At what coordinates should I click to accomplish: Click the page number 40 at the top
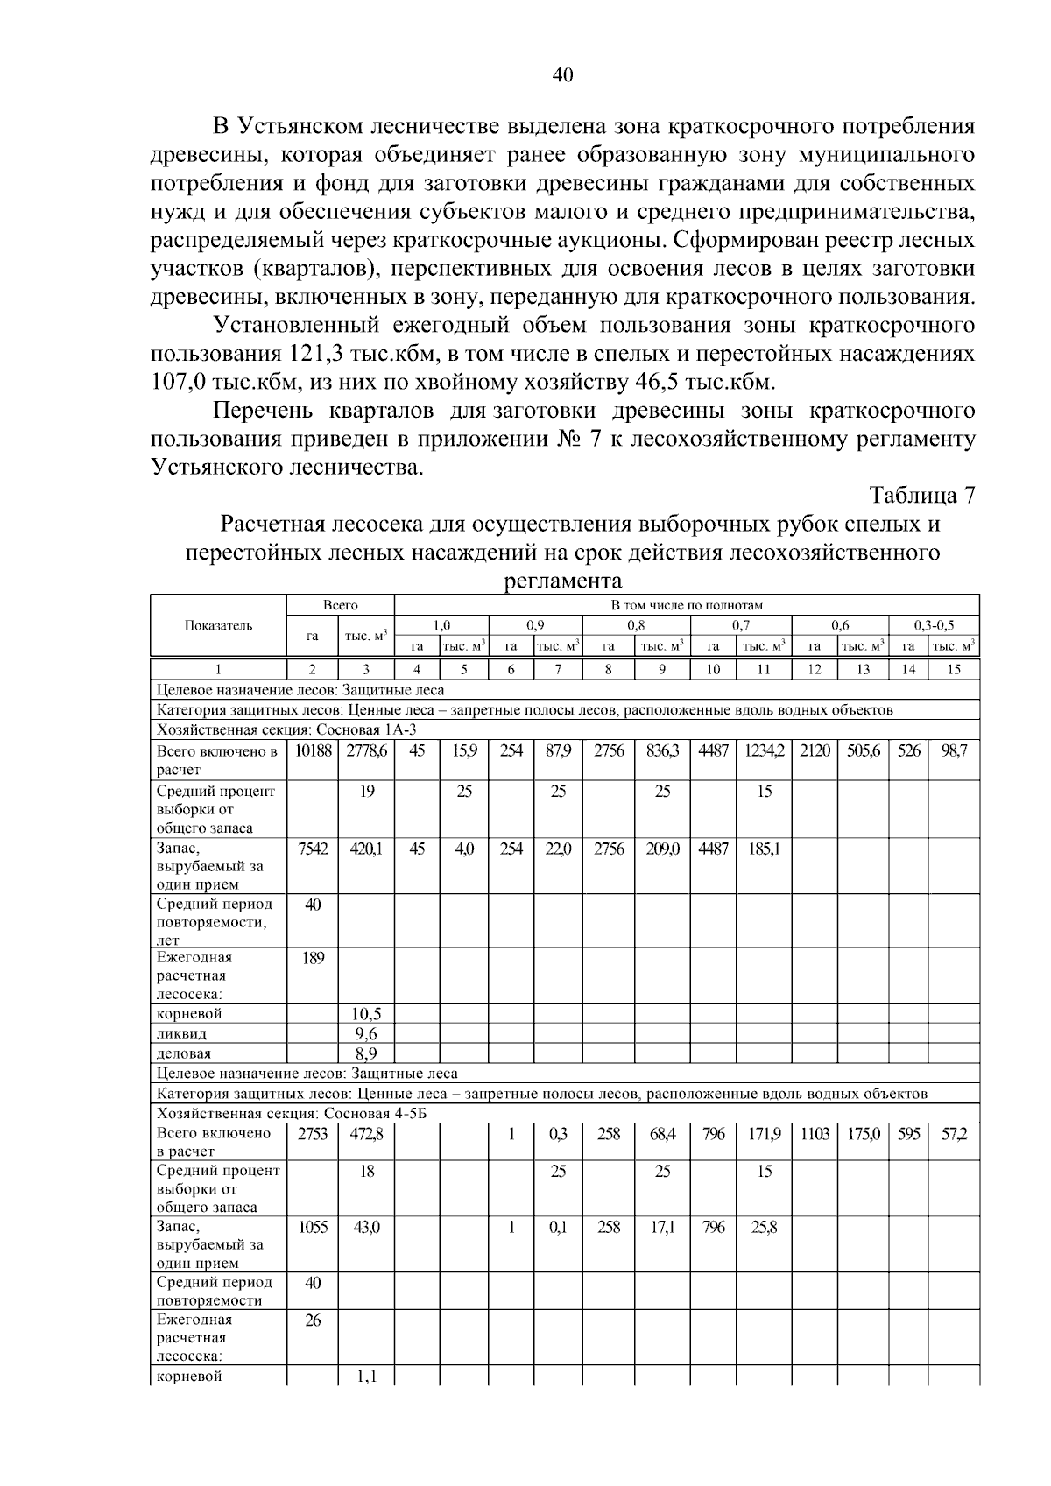click(562, 76)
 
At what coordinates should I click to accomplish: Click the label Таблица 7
click(921, 496)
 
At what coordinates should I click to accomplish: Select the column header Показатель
click(219, 625)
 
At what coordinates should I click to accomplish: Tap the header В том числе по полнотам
click(687, 605)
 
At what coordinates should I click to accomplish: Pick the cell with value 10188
click(313, 751)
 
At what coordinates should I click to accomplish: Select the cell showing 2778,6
click(367, 751)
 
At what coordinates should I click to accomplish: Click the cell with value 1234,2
click(764, 751)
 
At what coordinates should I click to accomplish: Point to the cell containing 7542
click(313, 848)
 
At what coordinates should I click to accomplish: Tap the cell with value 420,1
click(367, 848)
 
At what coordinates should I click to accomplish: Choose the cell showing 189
click(313, 958)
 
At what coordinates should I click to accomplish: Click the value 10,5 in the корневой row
click(367, 1014)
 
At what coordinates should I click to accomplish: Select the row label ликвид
click(182, 1034)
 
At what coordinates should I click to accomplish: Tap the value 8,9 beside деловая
click(367, 1053)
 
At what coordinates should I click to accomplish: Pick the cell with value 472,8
click(367, 1134)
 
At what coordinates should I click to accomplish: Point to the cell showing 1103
click(815, 1134)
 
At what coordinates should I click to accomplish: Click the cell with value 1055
click(313, 1228)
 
